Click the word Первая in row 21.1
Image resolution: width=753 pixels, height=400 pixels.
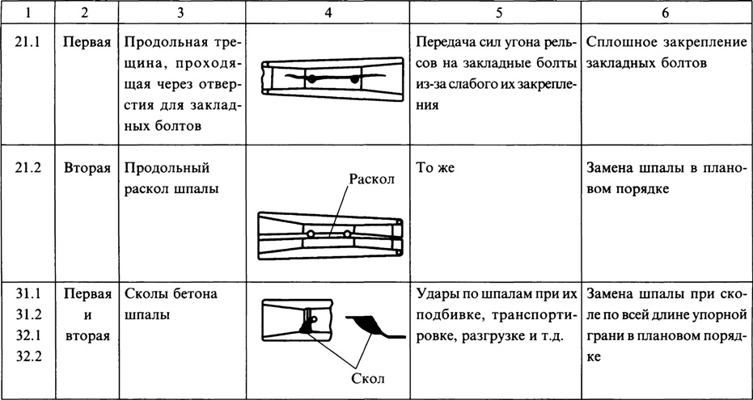(x=87, y=40)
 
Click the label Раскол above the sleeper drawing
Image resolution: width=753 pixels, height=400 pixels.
(x=370, y=179)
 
